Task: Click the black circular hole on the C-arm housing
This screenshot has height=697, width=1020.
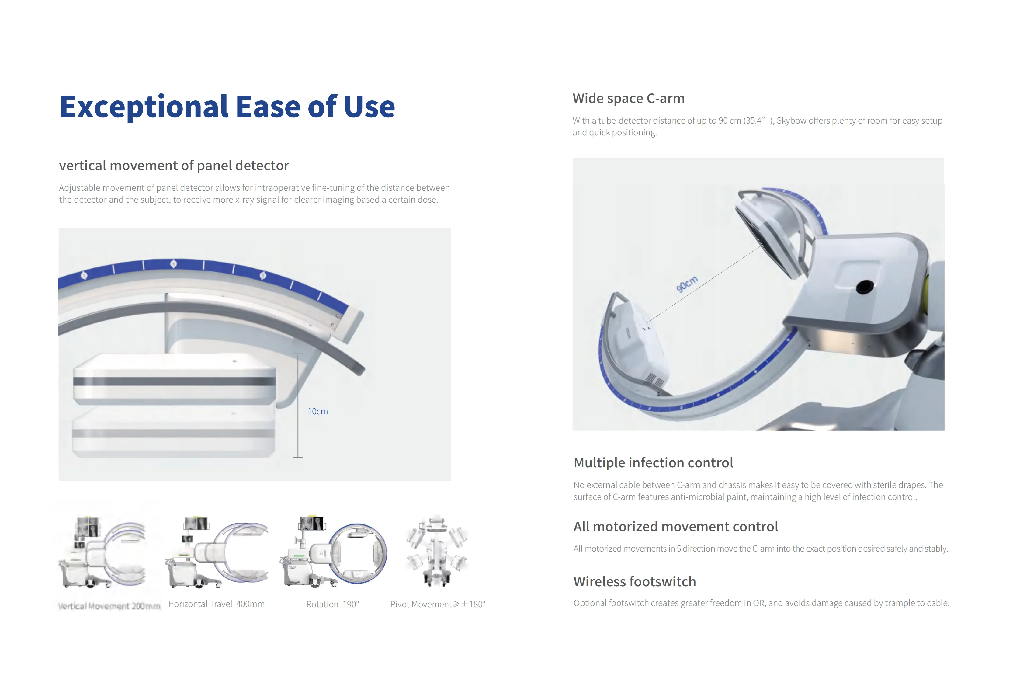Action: coord(864,287)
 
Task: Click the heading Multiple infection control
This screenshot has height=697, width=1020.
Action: coord(653,462)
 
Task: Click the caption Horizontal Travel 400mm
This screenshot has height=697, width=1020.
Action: coord(216,604)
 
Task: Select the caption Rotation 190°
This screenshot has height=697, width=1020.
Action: coord(332,604)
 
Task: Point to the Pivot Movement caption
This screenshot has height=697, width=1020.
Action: coord(437,604)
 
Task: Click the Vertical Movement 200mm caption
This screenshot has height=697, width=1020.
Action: coord(109,606)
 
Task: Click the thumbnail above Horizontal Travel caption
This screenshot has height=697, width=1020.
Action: coord(217,552)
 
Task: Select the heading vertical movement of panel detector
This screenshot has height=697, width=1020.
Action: coord(174,166)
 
